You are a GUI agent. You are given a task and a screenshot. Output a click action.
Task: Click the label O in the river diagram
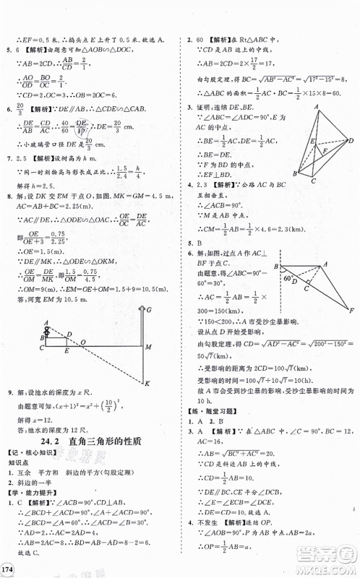[x=82, y=340]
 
